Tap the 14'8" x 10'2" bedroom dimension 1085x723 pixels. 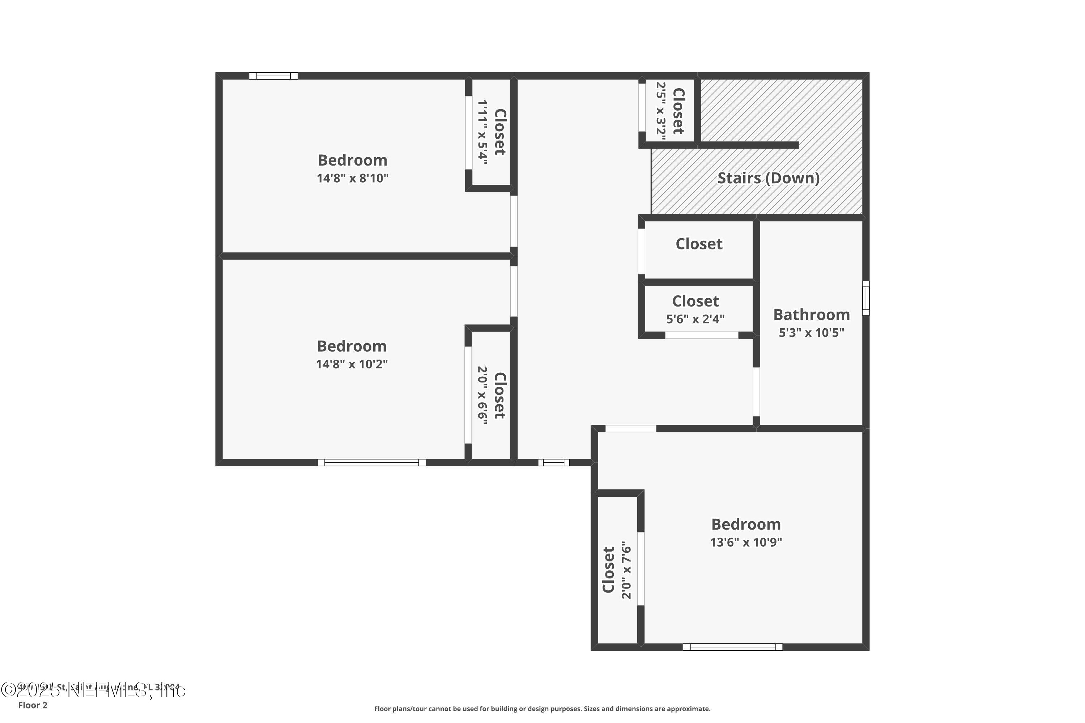pos(352,364)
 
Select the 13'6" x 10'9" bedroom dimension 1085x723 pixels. pos(746,542)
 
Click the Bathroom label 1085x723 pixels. pos(812,315)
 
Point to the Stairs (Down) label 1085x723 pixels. pos(768,179)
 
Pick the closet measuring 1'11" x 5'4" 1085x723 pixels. pos(491,132)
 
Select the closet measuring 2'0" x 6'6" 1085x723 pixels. pos(491,395)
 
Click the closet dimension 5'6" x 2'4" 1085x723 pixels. pos(695,319)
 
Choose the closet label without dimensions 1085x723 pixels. pos(699,244)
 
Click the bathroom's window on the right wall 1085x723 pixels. pos(866,298)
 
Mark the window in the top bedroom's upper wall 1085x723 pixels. pos(273,76)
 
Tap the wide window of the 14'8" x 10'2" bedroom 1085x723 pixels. pos(371,462)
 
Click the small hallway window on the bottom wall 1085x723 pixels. pos(554,462)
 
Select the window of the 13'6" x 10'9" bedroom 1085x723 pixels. pos(733,647)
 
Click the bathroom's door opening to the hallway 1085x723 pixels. pos(756,392)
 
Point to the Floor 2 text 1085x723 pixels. pos(33,705)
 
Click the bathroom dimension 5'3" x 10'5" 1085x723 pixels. pos(812,333)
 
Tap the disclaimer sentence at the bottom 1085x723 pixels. pos(542,709)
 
